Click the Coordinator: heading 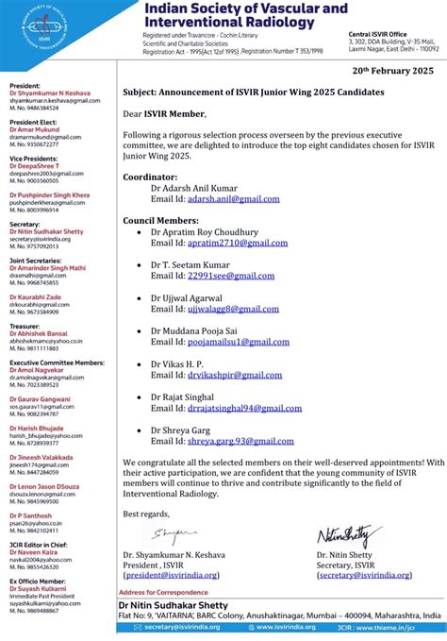(150, 177)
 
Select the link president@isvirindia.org (172, 574)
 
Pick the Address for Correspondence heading (163, 592)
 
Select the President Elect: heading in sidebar (33, 123)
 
